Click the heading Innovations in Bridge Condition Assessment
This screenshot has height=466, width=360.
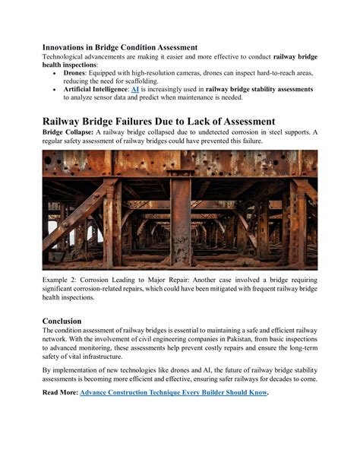click(119, 47)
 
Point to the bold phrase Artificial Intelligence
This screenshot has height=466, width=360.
click(95, 89)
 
